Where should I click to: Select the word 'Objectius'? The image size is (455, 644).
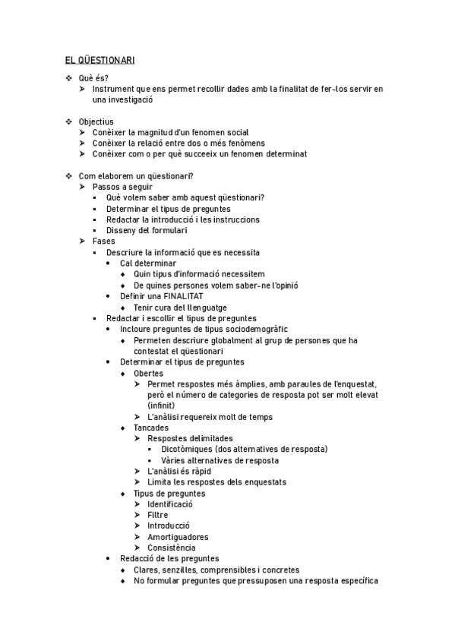[x=96, y=122]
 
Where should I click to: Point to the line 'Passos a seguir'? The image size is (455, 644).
[x=122, y=187]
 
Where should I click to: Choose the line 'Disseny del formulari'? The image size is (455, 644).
[x=147, y=230]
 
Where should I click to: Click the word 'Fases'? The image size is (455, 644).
[x=104, y=241]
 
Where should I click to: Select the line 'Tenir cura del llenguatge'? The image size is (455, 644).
[x=180, y=308]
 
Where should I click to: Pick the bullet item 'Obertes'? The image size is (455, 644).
[x=148, y=373]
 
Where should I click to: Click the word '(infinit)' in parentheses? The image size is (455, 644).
[x=162, y=406]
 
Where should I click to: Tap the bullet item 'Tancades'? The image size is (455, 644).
[x=151, y=428]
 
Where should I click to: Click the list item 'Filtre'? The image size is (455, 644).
[x=158, y=514]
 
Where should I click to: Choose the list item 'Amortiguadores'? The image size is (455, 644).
[x=178, y=537]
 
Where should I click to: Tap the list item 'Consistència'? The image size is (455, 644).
[x=171, y=548]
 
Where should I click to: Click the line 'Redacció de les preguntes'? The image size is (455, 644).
[x=169, y=559]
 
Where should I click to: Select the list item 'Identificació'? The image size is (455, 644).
[x=170, y=504]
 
